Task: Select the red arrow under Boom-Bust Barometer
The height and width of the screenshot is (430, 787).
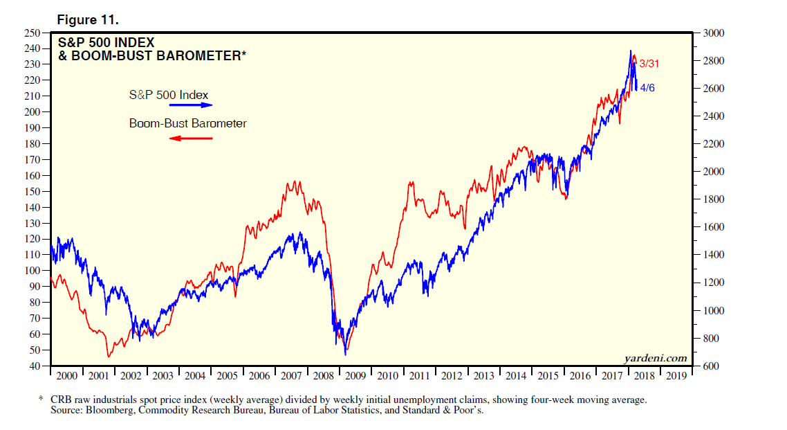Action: click(x=190, y=138)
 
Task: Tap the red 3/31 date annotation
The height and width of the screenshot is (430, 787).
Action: click(x=649, y=63)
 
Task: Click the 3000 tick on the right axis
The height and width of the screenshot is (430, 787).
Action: click(x=712, y=33)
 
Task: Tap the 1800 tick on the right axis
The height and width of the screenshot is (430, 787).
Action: click(x=712, y=199)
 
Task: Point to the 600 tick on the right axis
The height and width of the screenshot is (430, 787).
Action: click(x=710, y=366)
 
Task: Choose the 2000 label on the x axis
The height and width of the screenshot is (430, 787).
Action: click(x=66, y=376)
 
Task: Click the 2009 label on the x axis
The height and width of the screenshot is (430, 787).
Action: click(x=356, y=376)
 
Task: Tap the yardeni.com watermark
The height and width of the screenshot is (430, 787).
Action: click(x=655, y=358)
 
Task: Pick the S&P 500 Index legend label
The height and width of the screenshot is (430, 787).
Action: click(x=168, y=95)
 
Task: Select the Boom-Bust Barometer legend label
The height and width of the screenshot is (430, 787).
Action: click(x=188, y=124)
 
